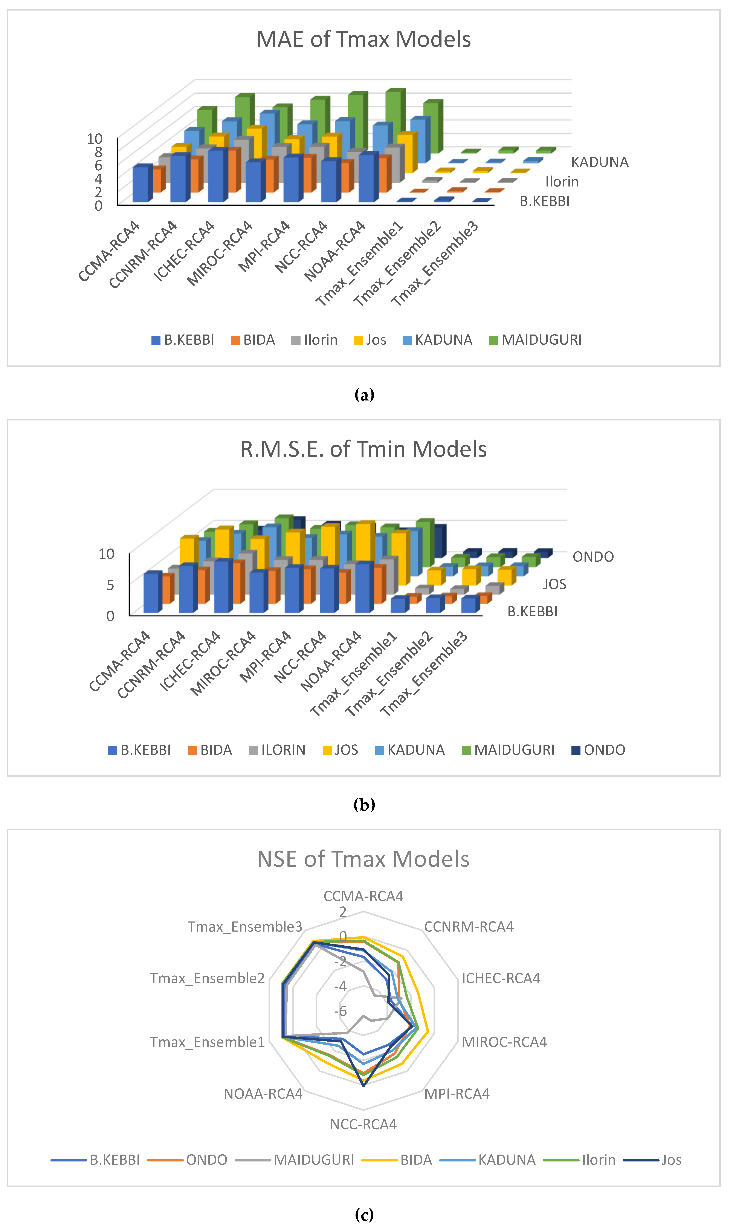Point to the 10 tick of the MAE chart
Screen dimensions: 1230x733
[94, 139]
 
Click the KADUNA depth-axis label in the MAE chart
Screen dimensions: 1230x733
[600, 162]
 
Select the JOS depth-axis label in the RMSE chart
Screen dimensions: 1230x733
[554, 584]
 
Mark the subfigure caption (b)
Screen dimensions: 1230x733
[364, 805]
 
